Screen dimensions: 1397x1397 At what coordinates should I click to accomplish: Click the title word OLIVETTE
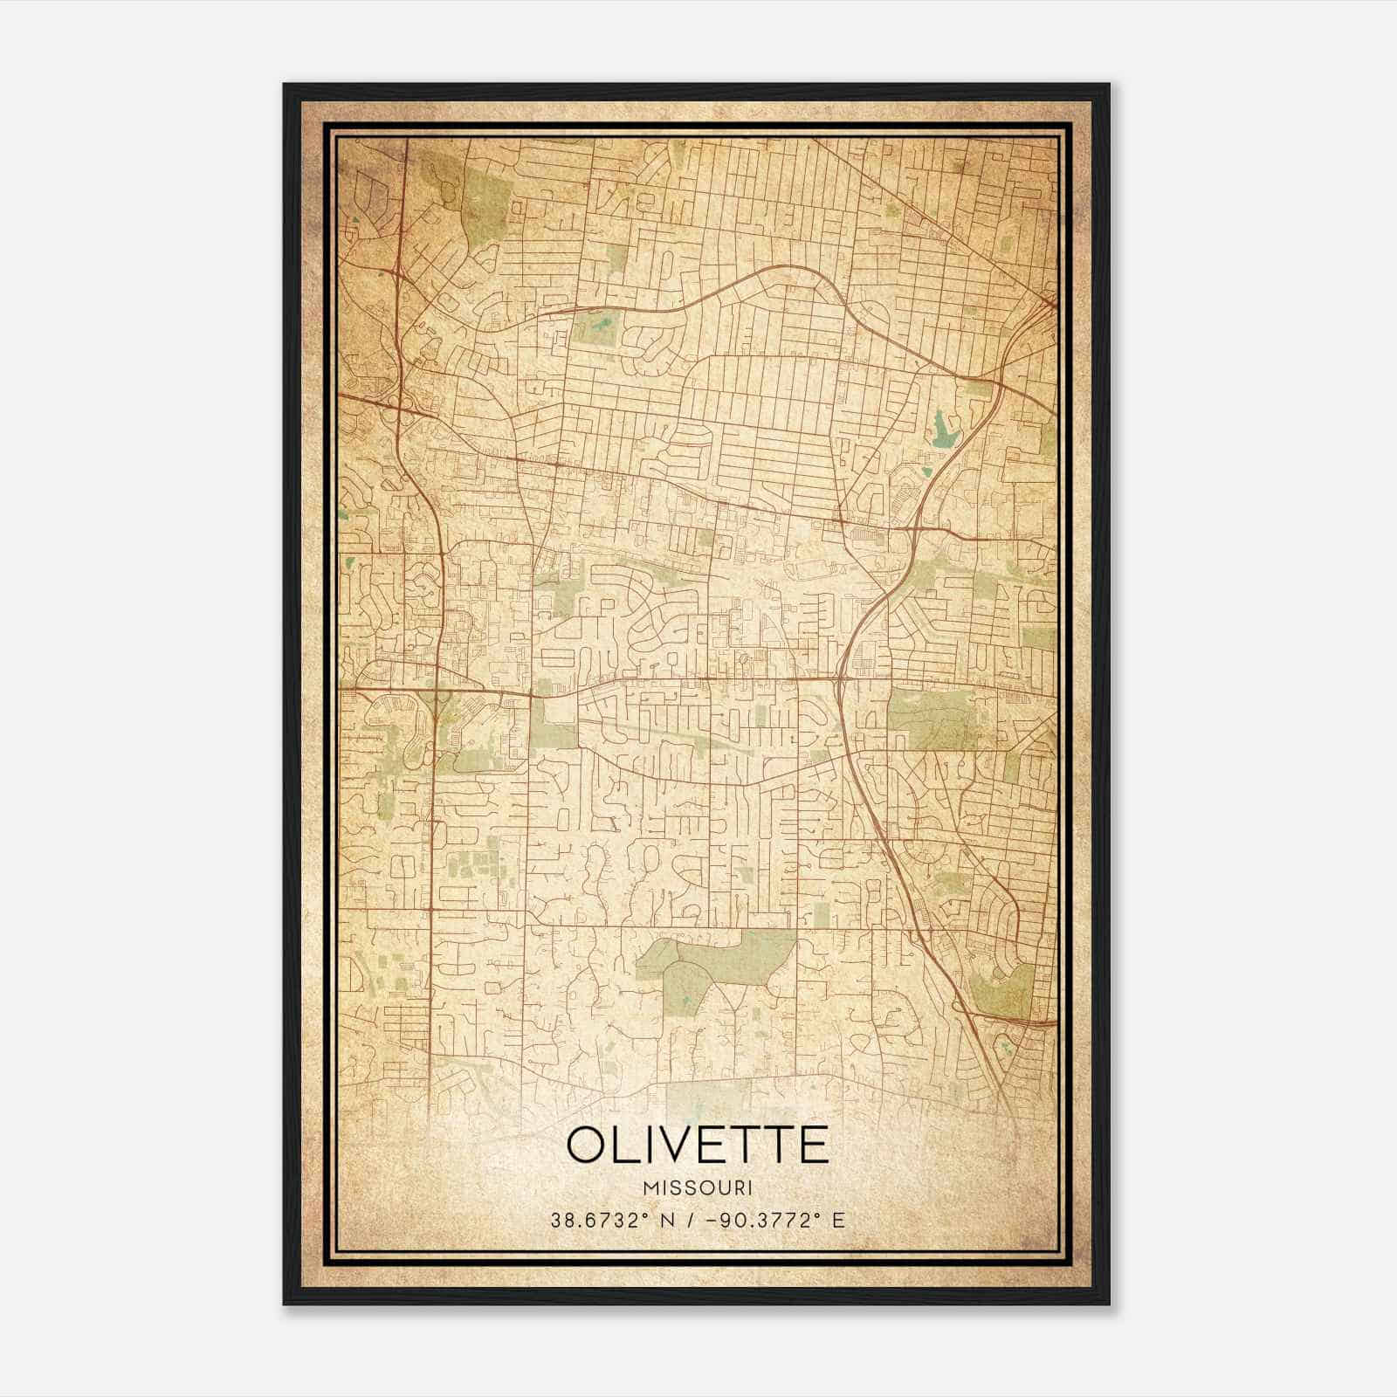tap(697, 1145)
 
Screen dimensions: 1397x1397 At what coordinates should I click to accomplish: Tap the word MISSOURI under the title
tap(697, 1188)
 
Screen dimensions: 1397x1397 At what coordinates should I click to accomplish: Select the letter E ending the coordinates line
tap(839, 1220)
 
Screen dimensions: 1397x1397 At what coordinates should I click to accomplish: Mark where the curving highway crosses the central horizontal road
tap(840, 678)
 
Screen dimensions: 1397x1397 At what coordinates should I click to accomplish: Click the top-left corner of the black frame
tap(286, 86)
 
